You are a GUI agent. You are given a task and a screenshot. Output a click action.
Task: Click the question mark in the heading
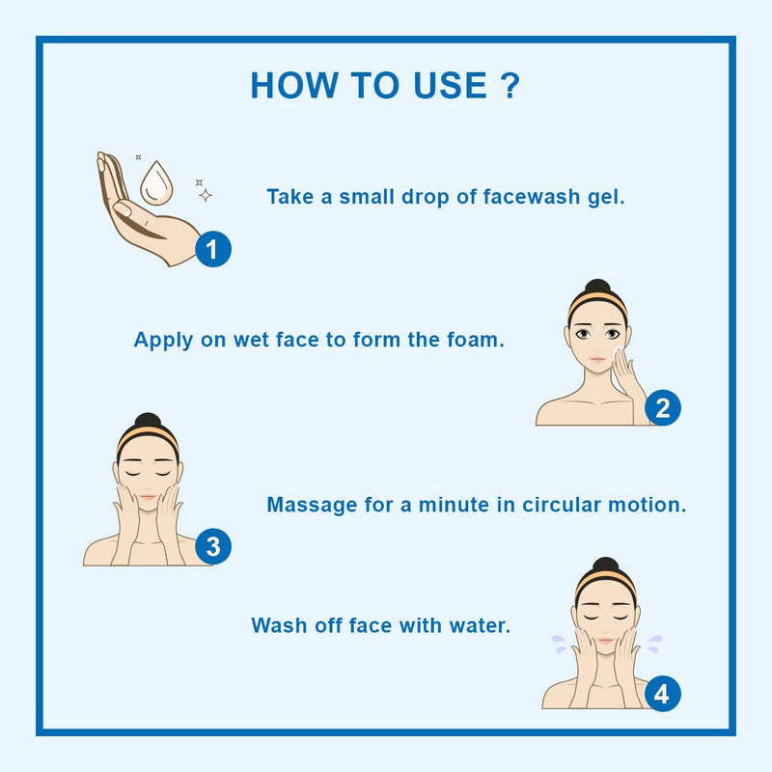pos(510,85)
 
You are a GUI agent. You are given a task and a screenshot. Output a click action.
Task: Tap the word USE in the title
pos(451,85)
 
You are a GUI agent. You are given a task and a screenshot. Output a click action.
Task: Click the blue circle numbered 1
pos(213,249)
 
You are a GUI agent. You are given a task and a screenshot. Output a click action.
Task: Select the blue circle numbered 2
pos(663,407)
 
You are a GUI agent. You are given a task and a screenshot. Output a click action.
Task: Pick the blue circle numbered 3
pos(213,546)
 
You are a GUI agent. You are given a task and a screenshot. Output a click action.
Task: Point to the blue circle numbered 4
pos(663,694)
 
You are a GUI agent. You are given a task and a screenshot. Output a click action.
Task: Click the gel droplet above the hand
pos(156,183)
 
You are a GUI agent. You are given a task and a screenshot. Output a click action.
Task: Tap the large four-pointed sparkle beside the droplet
pos(206,195)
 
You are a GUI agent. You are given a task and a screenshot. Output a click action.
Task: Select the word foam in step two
pos(476,340)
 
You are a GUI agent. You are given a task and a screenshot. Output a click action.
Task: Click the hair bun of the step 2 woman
pos(597,287)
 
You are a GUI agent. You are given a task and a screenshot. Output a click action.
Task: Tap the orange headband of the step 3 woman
pos(148,435)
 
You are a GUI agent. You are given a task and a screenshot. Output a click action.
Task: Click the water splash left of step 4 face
pos(560,644)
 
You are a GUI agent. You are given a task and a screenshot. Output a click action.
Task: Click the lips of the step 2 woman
pos(597,360)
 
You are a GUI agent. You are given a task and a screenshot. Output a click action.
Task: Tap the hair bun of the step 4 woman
pos(605,565)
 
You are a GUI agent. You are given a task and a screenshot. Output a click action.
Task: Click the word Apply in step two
pos(163,341)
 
